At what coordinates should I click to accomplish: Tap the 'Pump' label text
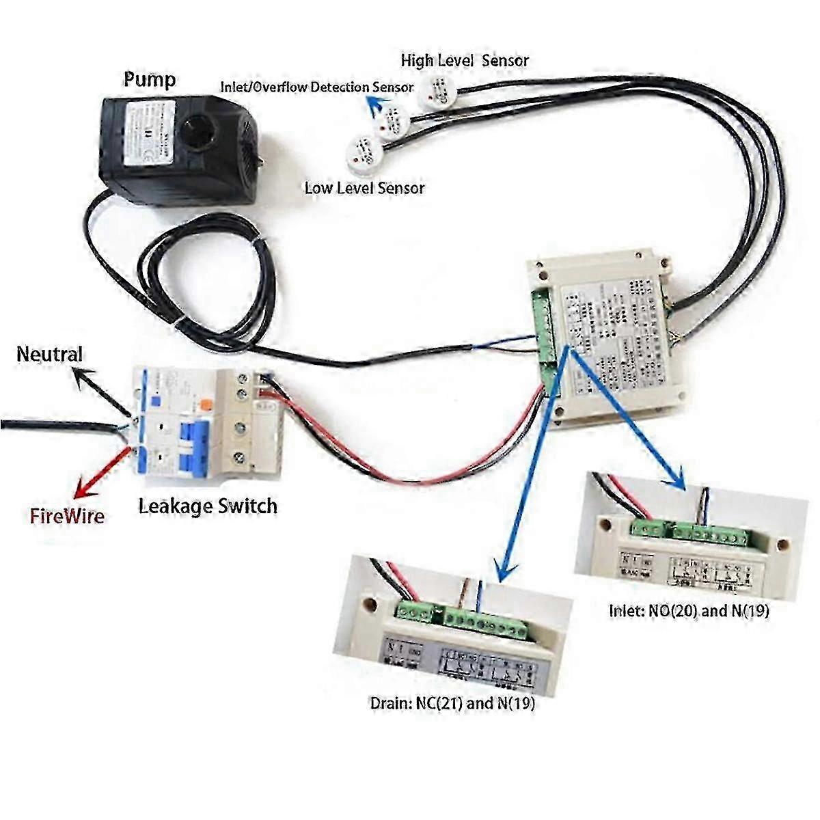pyautogui.click(x=149, y=80)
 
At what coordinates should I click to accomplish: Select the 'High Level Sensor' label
pyautogui.click(x=464, y=60)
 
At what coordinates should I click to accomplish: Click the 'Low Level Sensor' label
pyautogui.click(x=364, y=188)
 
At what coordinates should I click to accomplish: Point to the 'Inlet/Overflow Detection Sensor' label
pyautogui.click(x=316, y=87)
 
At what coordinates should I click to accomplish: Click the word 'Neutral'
pyautogui.click(x=49, y=354)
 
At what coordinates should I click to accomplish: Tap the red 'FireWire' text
pyautogui.click(x=67, y=515)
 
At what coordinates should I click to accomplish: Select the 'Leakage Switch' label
pyautogui.click(x=208, y=506)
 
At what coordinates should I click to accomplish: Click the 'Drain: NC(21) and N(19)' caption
pyautogui.click(x=452, y=703)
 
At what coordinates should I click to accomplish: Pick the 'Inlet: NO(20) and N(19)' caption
pyautogui.click(x=689, y=611)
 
